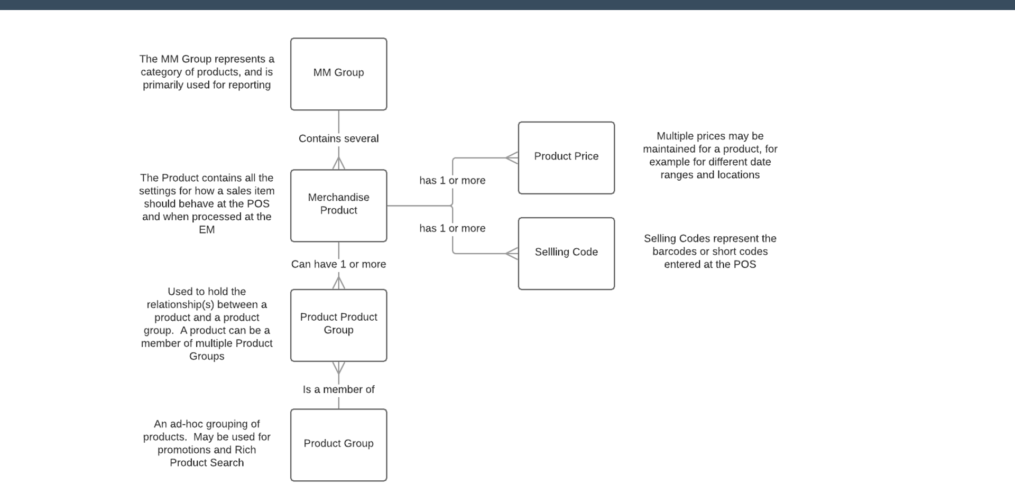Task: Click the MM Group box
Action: pos(338,74)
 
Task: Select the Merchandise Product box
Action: pos(338,205)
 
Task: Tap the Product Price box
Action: pos(566,157)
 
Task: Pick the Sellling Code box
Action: pos(566,253)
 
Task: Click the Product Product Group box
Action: pos(338,325)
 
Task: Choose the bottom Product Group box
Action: pos(338,444)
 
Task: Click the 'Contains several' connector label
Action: pos(338,138)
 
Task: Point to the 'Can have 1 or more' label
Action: pos(338,264)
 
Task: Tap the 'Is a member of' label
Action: pos(338,389)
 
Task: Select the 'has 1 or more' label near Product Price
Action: pos(452,181)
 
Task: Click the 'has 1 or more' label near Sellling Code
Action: pos(452,228)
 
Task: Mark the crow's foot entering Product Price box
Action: pos(512,157)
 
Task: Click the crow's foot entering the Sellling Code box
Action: pos(512,254)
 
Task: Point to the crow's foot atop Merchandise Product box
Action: pos(338,163)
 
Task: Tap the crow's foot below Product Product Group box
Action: pos(338,368)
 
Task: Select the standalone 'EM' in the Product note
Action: pos(207,230)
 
